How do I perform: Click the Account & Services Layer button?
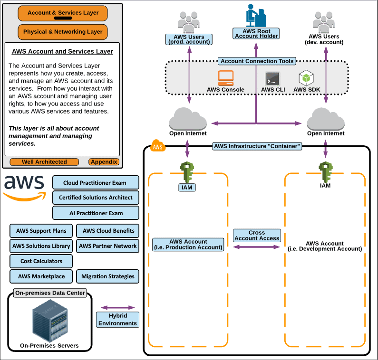63,13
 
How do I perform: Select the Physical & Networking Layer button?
63,32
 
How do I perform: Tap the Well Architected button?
44,162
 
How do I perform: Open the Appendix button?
104,162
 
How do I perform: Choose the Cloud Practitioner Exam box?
95,183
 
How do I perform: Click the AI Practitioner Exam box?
95,213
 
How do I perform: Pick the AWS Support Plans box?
41,231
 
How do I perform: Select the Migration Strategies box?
107,276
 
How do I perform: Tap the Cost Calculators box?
41,261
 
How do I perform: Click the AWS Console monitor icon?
226,77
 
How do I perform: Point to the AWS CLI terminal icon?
273,78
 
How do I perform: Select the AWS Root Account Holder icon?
255,16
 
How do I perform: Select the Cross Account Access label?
257,236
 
